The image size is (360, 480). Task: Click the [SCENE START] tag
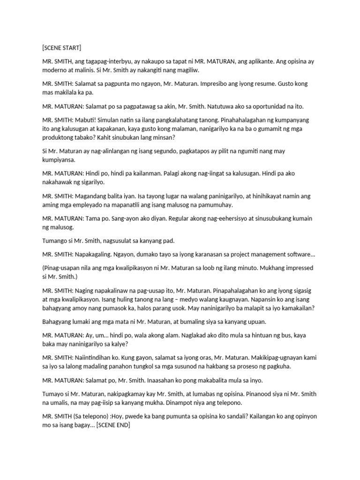pyautogui.click(x=61, y=47)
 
